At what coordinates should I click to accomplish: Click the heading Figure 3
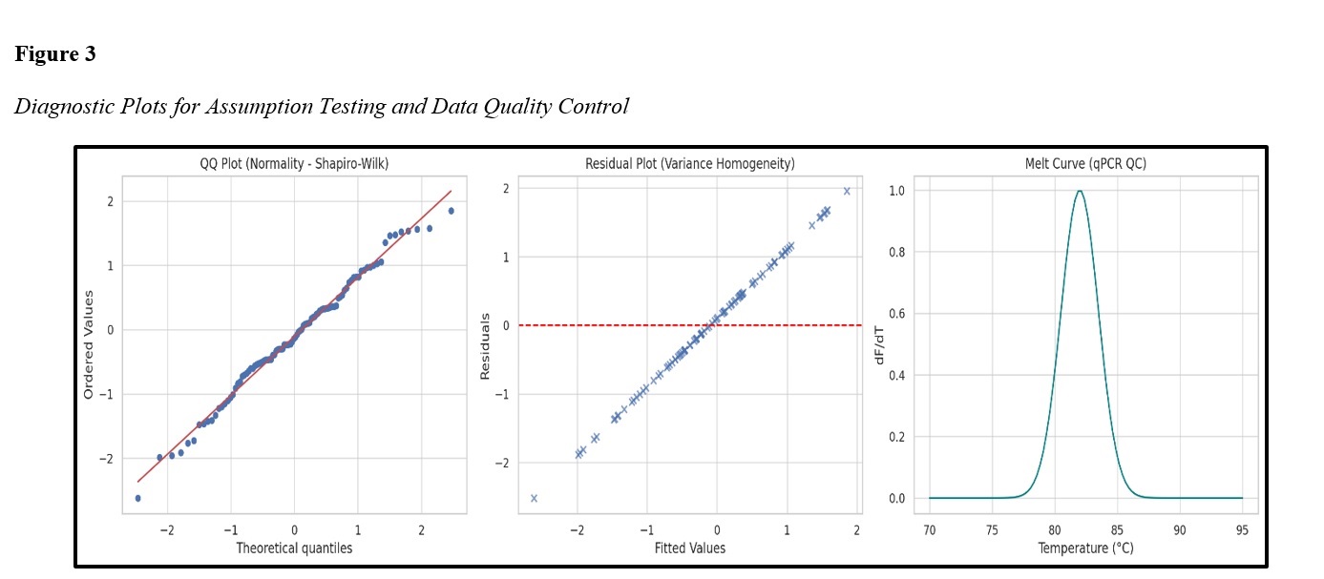point(55,54)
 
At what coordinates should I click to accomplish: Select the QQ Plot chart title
point(294,164)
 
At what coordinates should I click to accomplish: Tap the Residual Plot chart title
point(689,164)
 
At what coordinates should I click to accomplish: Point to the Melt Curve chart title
point(1084,164)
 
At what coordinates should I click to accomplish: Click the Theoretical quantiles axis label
point(294,548)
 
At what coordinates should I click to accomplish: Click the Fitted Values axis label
point(689,548)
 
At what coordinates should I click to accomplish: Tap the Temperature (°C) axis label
point(1085,548)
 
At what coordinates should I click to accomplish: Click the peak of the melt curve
point(1080,191)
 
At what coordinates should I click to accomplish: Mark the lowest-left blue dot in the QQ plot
point(137,498)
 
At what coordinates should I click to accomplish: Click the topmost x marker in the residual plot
point(846,191)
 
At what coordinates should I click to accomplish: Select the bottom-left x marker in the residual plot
point(534,498)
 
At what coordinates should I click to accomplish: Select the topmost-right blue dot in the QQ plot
point(451,211)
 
